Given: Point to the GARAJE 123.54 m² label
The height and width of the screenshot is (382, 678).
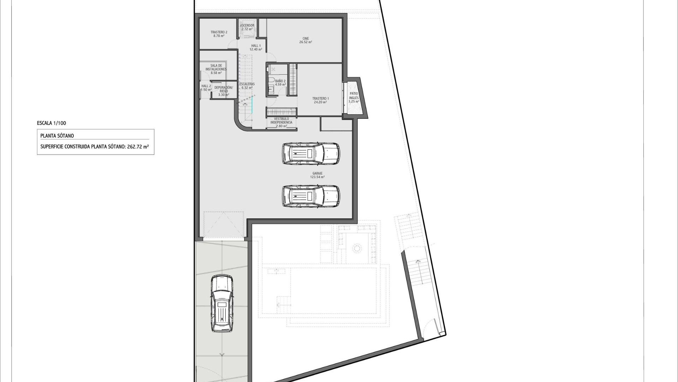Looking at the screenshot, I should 317,175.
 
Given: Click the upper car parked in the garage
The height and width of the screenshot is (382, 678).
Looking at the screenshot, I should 311,154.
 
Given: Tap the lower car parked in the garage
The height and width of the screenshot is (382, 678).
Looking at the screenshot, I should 311,196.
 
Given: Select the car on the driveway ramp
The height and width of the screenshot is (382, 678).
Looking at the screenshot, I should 222,303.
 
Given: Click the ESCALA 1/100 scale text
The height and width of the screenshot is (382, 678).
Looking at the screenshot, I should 52,123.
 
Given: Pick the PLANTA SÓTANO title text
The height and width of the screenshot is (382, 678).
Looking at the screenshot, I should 57,135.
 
